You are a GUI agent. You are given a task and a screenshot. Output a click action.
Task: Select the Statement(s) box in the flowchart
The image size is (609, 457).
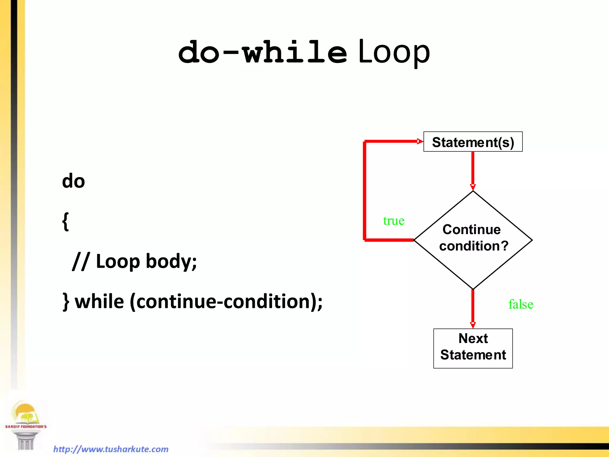pyautogui.click(x=473, y=142)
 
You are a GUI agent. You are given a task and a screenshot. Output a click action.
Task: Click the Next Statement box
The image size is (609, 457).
pyautogui.click(x=473, y=348)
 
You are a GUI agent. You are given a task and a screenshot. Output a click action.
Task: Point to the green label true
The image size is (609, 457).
pyautogui.click(x=394, y=221)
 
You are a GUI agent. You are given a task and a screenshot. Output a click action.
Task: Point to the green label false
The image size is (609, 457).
pyautogui.click(x=521, y=304)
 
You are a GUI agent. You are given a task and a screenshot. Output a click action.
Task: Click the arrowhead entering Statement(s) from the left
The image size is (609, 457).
pyautogui.click(x=420, y=141)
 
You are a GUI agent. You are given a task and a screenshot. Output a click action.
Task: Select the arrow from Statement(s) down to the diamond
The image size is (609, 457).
pyautogui.click(x=473, y=170)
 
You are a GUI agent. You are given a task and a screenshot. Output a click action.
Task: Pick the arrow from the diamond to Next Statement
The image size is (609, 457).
pyautogui.click(x=473, y=308)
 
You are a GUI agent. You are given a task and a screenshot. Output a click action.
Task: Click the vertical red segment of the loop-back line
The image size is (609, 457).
pyautogui.click(x=365, y=190)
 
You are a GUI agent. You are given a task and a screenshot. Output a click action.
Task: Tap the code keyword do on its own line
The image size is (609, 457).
pyautogui.click(x=73, y=181)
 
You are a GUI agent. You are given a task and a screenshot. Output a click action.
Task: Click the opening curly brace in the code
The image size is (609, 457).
pyautogui.click(x=66, y=222)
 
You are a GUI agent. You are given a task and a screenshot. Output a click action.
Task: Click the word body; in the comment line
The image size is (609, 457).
pyautogui.click(x=171, y=262)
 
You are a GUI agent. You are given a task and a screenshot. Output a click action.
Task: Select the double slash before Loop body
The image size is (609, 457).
pyautogui.click(x=81, y=262)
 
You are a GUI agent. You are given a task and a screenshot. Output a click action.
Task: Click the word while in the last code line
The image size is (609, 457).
pyautogui.click(x=99, y=302)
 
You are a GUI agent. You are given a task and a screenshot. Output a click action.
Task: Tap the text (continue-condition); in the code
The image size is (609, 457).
pyautogui.click(x=226, y=302)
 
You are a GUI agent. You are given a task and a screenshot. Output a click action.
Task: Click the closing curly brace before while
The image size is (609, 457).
pyautogui.click(x=66, y=302)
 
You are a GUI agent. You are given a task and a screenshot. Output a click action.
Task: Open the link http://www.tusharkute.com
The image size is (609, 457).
pyautogui.click(x=111, y=449)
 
